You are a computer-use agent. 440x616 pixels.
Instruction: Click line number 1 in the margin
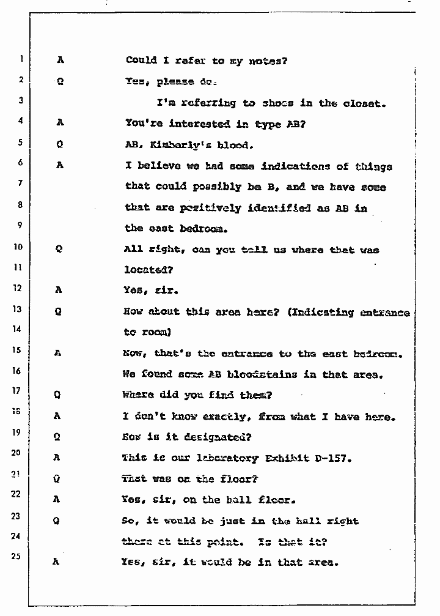tap(21, 59)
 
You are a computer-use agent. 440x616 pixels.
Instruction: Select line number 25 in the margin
tap(18, 558)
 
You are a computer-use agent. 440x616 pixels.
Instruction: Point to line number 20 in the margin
tap(17, 453)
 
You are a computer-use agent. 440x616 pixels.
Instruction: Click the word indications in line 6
tap(296, 166)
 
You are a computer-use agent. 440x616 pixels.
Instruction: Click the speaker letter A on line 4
tap(60, 122)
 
